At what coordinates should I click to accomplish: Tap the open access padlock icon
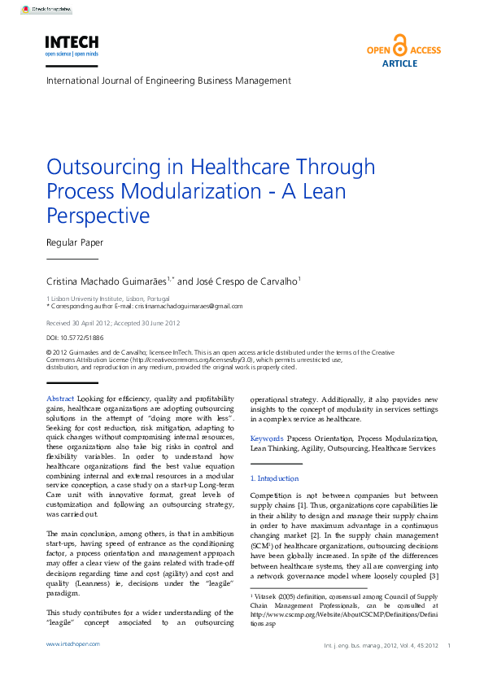point(399,44)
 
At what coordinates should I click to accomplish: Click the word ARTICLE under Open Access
point(399,63)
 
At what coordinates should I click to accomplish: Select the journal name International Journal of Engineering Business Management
point(168,81)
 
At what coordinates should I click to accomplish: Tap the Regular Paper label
point(75,242)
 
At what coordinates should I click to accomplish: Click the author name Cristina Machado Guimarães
point(107,281)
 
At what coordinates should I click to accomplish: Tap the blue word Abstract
point(61,399)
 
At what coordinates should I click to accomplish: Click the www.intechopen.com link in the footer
point(73,666)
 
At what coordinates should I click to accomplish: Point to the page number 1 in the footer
point(449,669)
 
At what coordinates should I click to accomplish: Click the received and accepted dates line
point(113,323)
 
